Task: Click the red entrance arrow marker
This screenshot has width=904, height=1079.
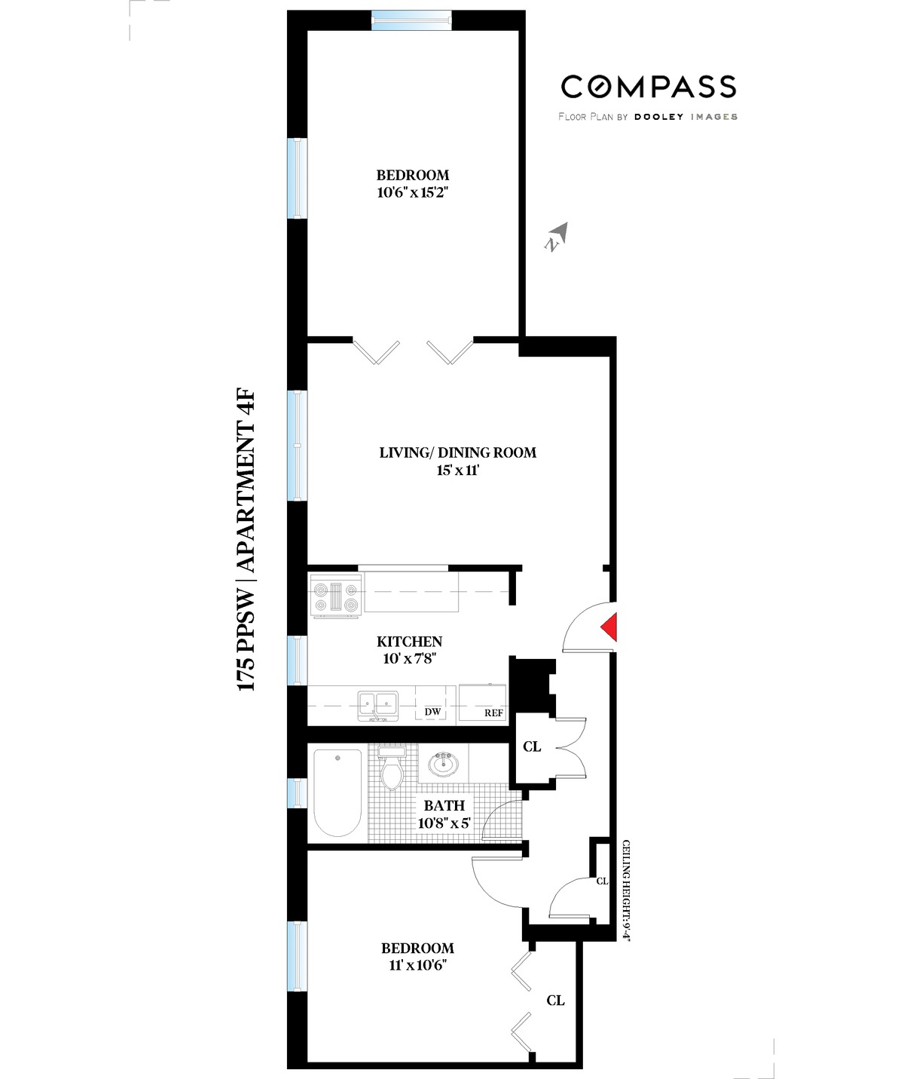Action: click(609, 627)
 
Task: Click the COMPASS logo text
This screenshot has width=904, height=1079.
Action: click(648, 87)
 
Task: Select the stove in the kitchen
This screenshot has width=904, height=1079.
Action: click(336, 596)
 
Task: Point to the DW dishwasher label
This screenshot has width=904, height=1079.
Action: click(432, 713)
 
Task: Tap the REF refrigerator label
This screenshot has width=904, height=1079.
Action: click(493, 713)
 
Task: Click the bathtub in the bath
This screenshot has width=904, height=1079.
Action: click(337, 792)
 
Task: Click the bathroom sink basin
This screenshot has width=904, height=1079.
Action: click(443, 765)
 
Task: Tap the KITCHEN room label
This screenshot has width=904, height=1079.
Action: click(409, 642)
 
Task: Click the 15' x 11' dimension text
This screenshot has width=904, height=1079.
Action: click(457, 471)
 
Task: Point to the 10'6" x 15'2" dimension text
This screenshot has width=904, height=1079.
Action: click(413, 192)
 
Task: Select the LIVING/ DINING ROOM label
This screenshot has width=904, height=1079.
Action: click(457, 452)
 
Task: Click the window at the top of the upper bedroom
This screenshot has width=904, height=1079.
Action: click(412, 20)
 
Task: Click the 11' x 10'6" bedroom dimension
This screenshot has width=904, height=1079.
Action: click(417, 966)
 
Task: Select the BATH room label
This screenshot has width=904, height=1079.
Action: click(444, 806)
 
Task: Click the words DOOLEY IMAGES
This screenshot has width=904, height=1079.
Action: click(685, 117)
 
